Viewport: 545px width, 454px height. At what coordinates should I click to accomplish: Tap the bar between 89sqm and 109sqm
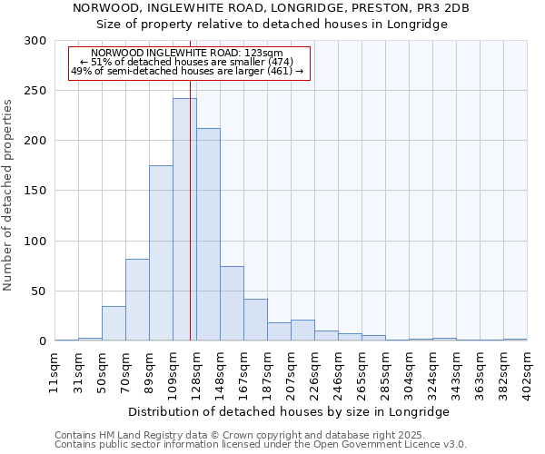(x=161, y=253)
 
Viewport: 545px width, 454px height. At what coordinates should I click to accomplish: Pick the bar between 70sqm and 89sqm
(x=137, y=300)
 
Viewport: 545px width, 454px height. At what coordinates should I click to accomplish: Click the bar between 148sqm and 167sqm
(x=232, y=303)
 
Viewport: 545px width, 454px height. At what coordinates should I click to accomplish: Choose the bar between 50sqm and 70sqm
(x=114, y=323)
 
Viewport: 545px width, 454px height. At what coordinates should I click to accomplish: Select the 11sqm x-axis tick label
(x=55, y=372)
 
